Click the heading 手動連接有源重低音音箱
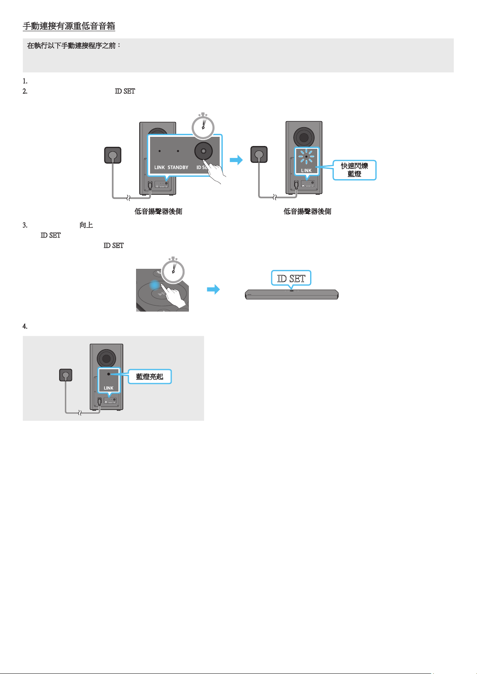(69, 26)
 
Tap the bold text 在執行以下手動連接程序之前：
(74, 46)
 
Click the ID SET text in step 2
(125, 91)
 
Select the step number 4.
(25, 326)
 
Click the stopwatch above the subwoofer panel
(203, 126)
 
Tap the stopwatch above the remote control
(173, 270)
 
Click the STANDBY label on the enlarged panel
(178, 167)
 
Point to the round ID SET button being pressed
(203, 151)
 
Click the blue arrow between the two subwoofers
(236, 160)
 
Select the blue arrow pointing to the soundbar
(213, 290)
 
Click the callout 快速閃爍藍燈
(355, 170)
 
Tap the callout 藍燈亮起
(150, 376)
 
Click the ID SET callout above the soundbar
(291, 278)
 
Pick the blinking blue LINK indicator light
(307, 156)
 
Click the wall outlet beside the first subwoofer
(113, 155)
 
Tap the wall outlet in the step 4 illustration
(66, 375)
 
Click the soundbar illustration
(292, 294)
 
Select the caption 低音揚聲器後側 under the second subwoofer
(307, 212)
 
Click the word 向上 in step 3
(86, 225)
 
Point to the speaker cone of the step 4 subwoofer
(106, 358)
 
